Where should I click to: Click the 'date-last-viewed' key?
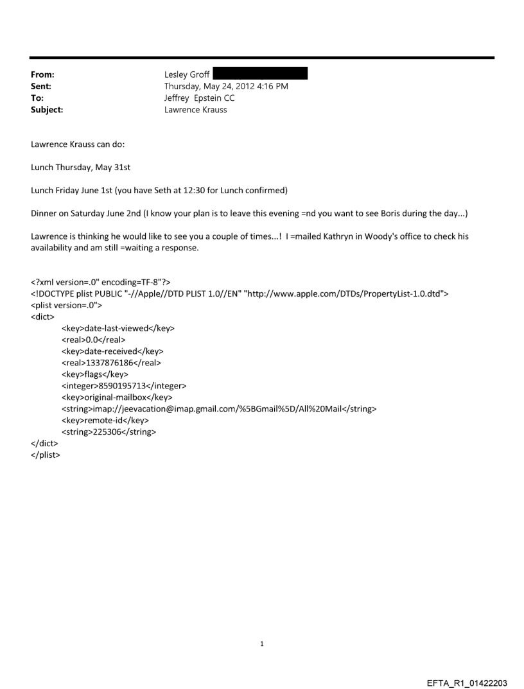click(x=118, y=328)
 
